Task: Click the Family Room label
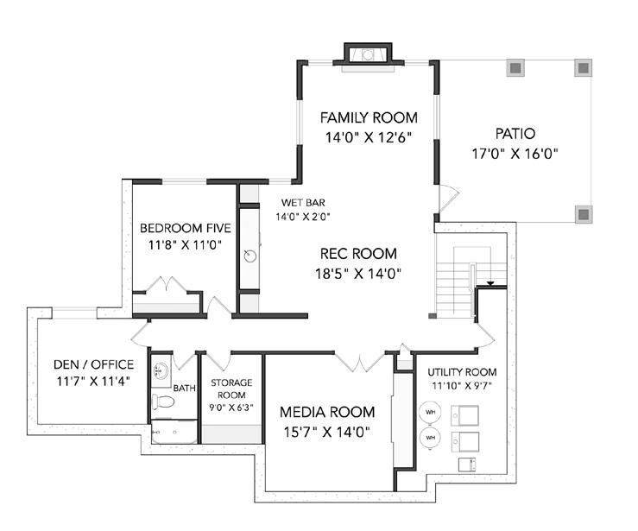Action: click(369, 117)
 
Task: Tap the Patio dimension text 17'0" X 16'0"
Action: click(515, 154)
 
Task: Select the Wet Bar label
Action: click(303, 202)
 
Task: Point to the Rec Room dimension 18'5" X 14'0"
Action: click(358, 274)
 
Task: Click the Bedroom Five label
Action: click(185, 228)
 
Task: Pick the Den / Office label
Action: click(93, 364)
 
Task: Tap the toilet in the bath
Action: click(163, 402)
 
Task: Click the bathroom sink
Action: click(161, 370)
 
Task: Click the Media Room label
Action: click(327, 412)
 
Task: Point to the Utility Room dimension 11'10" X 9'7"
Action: click(462, 385)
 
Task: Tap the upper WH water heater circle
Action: click(431, 412)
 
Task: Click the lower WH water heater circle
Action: click(431, 438)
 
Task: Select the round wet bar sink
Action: click(250, 256)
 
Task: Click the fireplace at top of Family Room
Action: click(368, 55)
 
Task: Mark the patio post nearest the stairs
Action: click(584, 214)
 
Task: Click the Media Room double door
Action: click(360, 361)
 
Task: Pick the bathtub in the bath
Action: click(174, 432)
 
